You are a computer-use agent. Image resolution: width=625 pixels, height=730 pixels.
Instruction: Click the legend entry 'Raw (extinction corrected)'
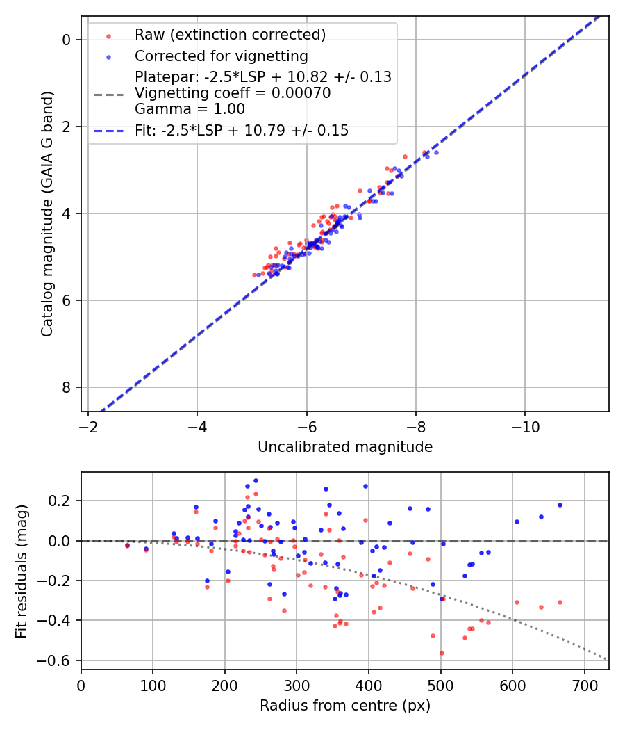[230, 35]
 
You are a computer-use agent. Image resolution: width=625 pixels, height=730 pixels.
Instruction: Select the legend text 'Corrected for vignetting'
[222, 56]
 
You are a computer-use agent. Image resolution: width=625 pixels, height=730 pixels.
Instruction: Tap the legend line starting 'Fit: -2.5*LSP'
[242, 130]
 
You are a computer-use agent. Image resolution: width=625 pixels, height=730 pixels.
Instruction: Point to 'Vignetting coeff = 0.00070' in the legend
[233, 92]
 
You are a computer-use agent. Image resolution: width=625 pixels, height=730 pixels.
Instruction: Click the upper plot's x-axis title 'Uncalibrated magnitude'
[345, 447]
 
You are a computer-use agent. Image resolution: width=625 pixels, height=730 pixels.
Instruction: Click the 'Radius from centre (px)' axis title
[345, 706]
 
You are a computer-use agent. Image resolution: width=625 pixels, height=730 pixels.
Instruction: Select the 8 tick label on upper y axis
[67, 387]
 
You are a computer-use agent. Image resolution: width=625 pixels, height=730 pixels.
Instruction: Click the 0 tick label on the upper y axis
[67, 40]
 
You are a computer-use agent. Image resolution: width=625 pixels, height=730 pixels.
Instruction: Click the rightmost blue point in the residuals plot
[560, 505]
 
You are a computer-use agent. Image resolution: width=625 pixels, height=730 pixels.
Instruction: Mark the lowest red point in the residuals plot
[441, 653]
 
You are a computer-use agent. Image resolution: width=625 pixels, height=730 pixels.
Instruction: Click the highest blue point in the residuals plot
[256, 480]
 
